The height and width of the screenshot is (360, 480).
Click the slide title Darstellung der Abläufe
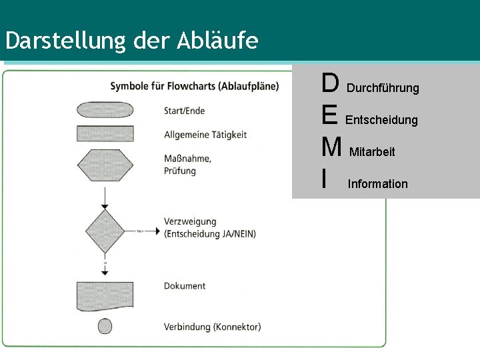pos(131,41)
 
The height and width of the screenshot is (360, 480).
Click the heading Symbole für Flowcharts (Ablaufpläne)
pos(195,86)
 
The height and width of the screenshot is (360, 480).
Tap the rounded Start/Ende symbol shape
pos(105,110)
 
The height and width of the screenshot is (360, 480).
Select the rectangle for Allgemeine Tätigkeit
pos(105,133)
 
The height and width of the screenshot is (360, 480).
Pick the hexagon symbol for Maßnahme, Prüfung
pos(105,165)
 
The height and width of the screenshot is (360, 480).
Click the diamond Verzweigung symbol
pos(105,231)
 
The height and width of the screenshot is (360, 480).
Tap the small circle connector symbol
pos(105,326)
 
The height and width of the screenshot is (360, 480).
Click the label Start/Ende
pos(185,111)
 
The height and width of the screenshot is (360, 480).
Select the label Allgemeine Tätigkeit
pos(205,135)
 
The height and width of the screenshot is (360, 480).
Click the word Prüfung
pos(180,171)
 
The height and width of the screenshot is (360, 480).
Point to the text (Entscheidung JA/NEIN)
pos(210,233)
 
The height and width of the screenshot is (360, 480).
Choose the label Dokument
pos(185,286)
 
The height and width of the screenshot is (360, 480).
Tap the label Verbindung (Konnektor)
pos(213,327)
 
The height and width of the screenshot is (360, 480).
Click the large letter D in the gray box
pos(330,84)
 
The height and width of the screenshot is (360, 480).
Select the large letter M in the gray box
pos(331,147)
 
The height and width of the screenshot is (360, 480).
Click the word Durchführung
pos(383,88)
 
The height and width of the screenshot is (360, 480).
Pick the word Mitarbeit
pos(372,152)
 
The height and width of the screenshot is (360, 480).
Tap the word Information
pos(377,184)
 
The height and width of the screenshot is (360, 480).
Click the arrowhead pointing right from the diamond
pos(157,231)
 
